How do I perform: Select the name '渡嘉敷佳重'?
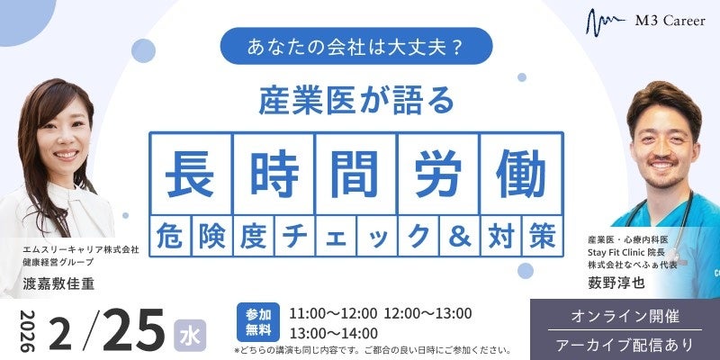pyautogui.click(x=59, y=282)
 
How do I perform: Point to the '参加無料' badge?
pyautogui.click(x=257, y=319)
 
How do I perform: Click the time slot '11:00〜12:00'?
pyautogui.click(x=334, y=312)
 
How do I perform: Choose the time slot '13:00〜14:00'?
pyautogui.click(x=334, y=333)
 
